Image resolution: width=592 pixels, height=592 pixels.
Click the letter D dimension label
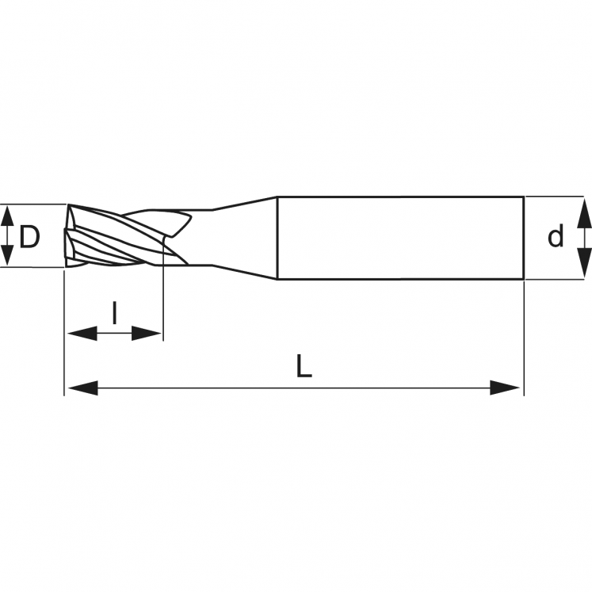(x=29, y=236)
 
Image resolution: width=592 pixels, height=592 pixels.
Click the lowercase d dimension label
(x=556, y=236)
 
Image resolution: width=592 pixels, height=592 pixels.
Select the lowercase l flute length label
(x=114, y=313)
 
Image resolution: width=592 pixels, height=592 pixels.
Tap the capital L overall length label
(x=304, y=366)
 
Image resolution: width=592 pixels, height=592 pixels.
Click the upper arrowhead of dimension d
(x=583, y=209)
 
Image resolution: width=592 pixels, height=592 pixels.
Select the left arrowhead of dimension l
(x=80, y=334)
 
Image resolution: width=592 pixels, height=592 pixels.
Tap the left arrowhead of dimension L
(x=80, y=388)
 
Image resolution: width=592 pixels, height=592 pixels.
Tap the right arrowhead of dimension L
(x=506, y=388)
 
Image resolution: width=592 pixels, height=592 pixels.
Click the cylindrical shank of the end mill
(x=396, y=238)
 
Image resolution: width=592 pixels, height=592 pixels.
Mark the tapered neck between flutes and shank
(x=242, y=236)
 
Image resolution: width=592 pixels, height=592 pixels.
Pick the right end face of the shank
(x=522, y=238)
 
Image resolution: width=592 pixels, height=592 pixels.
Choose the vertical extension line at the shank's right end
(x=523, y=333)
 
